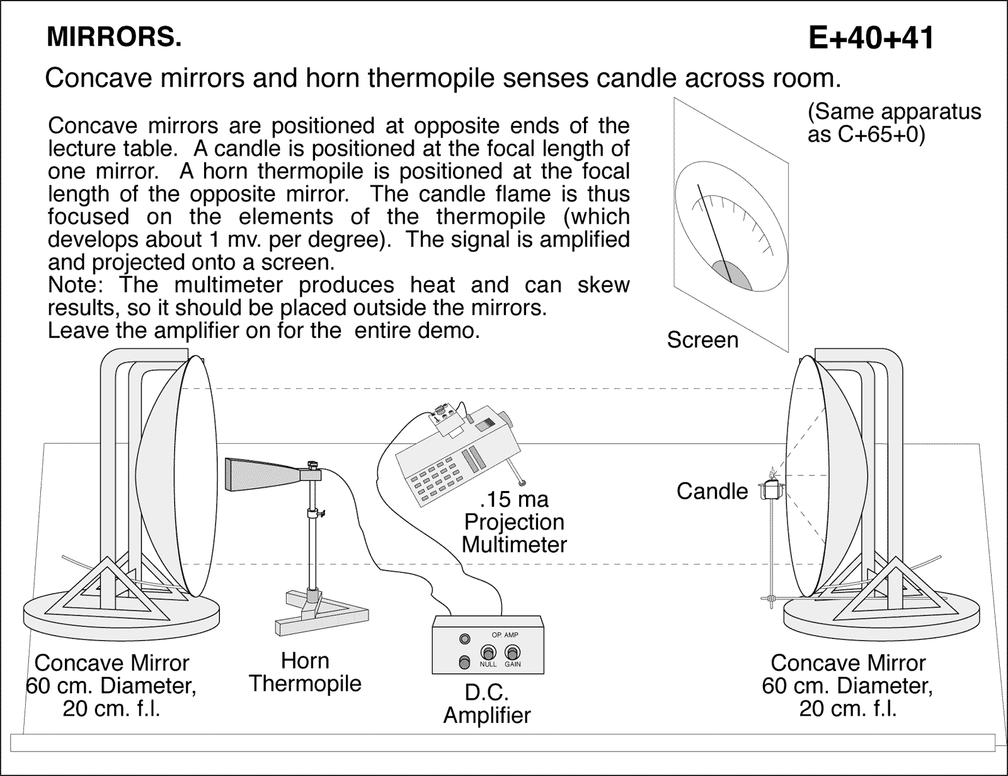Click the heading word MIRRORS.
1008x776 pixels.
[114, 38]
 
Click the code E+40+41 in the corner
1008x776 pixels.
[871, 38]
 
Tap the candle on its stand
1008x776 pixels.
[772, 489]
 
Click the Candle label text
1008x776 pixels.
[712, 492]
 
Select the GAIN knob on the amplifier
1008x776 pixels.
[513, 652]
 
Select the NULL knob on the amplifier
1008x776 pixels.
[488, 652]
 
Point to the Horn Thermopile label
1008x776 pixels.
[305, 672]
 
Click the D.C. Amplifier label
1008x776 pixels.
[487, 704]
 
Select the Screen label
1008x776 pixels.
[702, 340]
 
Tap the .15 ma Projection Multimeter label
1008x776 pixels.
[514, 522]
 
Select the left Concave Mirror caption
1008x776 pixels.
[111, 686]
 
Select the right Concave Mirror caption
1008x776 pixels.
[847, 686]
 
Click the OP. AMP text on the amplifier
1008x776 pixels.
[505, 635]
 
